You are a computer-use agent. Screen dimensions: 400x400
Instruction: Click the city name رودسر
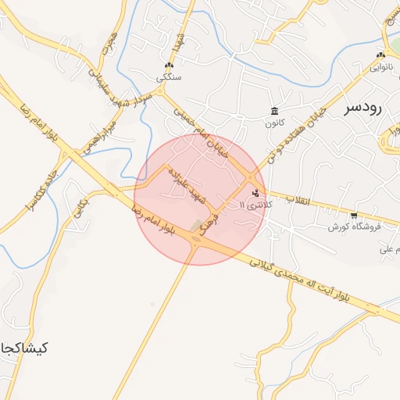(x=363, y=109)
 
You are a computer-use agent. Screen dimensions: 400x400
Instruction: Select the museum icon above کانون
(x=274, y=110)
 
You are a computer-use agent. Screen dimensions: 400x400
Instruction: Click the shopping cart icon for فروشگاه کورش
(x=354, y=215)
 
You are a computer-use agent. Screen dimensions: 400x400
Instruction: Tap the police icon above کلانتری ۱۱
(x=257, y=192)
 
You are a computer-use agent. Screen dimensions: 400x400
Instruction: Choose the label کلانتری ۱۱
(x=253, y=205)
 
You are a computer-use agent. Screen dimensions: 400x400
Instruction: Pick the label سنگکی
(x=170, y=77)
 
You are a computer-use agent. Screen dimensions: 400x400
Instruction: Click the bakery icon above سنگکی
(x=170, y=66)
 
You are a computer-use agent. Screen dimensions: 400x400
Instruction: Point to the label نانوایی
(x=380, y=68)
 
